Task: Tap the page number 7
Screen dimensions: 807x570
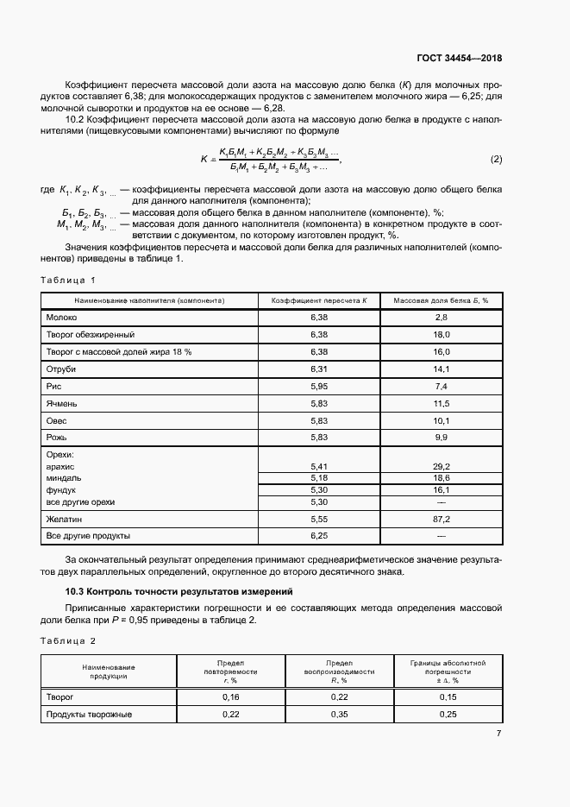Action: point(498,734)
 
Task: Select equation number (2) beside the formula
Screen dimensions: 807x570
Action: point(496,160)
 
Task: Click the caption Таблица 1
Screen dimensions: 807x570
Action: point(68,280)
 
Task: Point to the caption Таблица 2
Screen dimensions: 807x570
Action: point(68,640)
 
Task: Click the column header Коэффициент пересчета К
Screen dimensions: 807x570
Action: point(319,300)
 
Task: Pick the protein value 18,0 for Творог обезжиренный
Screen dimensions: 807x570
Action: point(441,334)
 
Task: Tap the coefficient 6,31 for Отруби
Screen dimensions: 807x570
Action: point(319,369)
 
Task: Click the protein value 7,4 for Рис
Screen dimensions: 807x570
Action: point(441,386)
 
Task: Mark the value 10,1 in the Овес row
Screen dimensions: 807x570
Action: point(441,420)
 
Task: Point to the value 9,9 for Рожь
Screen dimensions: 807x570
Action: point(441,438)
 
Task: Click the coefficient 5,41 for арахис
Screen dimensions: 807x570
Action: point(319,466)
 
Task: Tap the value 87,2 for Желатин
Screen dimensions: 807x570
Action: point(441,519)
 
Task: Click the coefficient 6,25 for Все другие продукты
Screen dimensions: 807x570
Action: point(319,536)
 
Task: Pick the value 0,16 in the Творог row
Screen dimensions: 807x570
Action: point(231,696)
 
